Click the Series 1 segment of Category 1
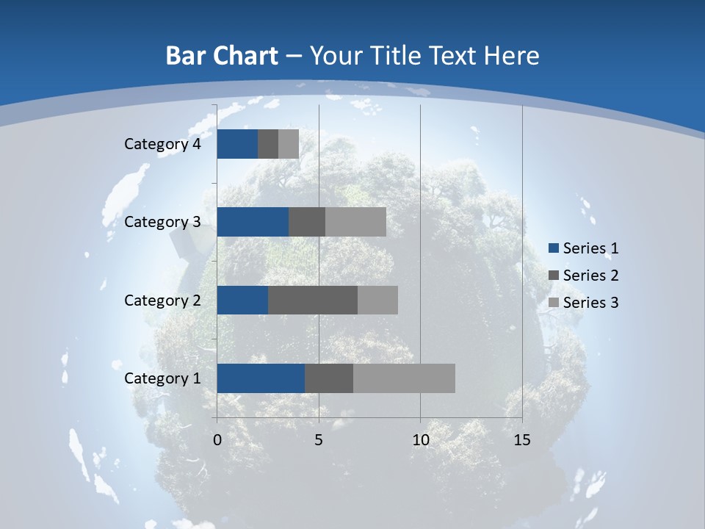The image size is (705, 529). click(261, 378)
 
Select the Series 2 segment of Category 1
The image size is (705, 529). click(329, 378)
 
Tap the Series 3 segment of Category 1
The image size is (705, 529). click(404, 378)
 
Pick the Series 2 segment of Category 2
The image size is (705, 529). click(313, 300)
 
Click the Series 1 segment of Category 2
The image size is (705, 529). click(242, 300)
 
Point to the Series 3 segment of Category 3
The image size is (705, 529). click(355, 222)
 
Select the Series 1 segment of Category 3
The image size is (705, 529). click(253, 222)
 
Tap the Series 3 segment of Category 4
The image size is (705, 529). click(289, 144)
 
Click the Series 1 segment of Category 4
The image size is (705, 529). click(237, 144)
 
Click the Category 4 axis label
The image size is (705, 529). click(162, 144)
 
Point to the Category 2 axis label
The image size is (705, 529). click(162, 300)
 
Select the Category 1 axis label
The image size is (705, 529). click(162, 378)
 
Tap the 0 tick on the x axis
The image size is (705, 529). click(217, 440)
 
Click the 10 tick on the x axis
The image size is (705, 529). click(420, 440)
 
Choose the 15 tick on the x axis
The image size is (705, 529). click(522, 440)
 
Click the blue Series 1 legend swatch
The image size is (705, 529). click(554, 248)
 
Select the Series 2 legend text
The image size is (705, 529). click(590, 276)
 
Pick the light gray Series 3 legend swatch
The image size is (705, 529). click(554, 302)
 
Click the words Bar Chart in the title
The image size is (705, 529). click(222, 56)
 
